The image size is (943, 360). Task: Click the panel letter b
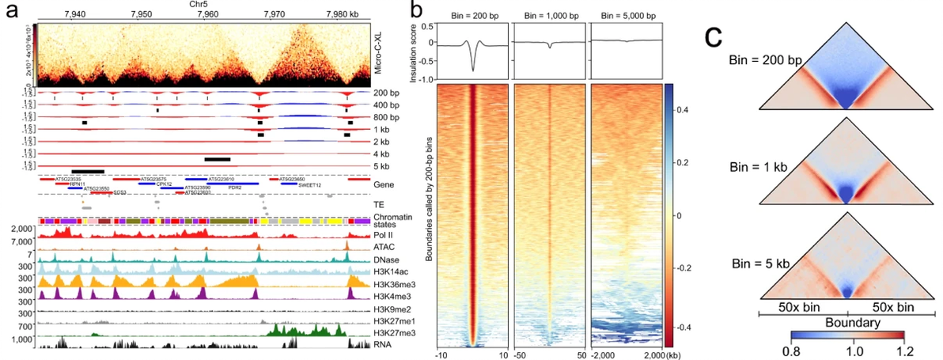click(417, 13)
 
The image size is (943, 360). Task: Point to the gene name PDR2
click(235, 188)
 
